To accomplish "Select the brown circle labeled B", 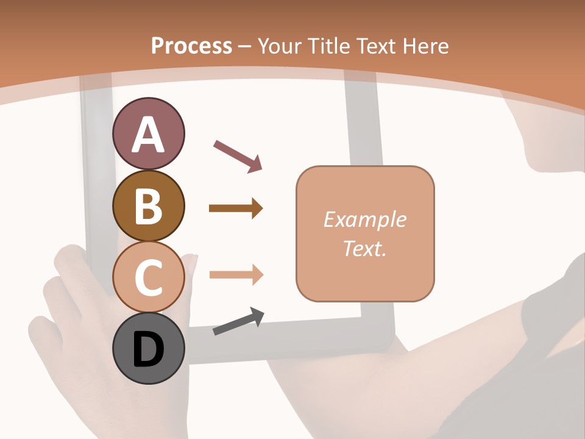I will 149,205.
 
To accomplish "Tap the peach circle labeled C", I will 149,277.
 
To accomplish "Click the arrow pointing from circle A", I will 238,155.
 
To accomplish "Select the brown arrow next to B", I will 236,209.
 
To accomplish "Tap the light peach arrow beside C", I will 236,275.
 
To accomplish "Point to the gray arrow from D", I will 238,321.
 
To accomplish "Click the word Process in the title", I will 191,46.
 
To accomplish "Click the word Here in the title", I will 425,46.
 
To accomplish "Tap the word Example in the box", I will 364,220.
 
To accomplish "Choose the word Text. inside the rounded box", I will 364,249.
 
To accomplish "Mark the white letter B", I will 149,207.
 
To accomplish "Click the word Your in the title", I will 278,46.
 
